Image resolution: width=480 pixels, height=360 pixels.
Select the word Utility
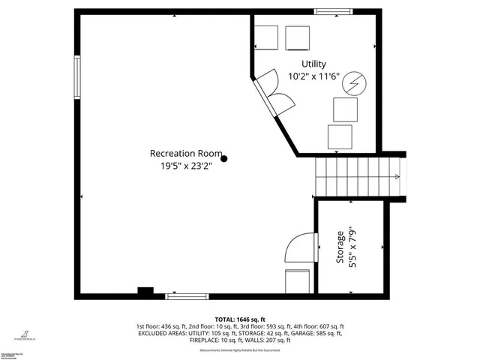(314, 64)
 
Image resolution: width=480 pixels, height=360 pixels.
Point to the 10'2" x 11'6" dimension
(314, 76)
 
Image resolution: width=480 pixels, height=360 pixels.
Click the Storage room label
(340, 247)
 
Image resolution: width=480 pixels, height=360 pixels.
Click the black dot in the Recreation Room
(223, 158)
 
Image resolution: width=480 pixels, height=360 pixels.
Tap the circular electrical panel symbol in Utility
(353, 84)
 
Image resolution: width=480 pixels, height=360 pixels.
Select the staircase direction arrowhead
(397, 176)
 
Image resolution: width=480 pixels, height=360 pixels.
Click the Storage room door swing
(298, 247)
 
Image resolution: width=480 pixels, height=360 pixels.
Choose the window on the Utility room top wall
(329, 11)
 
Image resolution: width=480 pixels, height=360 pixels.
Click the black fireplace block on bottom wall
(145, 291)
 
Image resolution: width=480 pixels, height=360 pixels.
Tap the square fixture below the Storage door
(297, 280)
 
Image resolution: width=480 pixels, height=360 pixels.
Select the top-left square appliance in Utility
(266, 37)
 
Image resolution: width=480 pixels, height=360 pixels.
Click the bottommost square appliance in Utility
(340, 137)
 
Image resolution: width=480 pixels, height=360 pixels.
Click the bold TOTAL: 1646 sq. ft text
(240, 319)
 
